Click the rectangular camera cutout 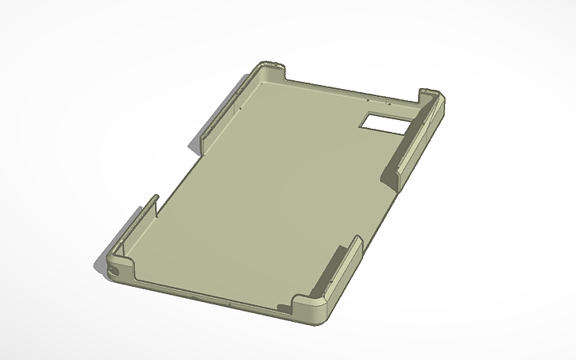(x=386, y=122)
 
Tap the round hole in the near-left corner (x=118, y=270)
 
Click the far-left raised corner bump (x=271, y=70)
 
